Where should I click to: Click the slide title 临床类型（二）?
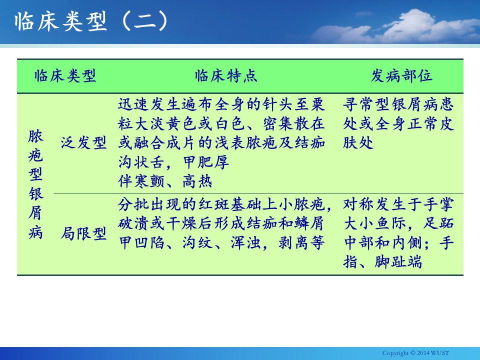pos(91,21)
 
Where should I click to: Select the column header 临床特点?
pos(226,75)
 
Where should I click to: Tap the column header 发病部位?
pos(401,75)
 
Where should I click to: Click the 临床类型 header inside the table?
pos(65,75)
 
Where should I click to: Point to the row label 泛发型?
pos(83,142)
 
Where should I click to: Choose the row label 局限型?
pos(83,233)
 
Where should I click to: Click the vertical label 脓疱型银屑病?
pos(35,184)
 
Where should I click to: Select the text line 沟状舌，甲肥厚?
pos(173,162)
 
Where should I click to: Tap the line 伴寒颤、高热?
pos(165,181)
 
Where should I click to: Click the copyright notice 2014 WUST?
pos(415,353)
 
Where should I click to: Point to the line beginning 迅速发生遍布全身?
pos(221,104)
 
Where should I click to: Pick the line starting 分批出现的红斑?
pos(225,204)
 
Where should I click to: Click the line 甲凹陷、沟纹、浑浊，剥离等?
pos(221,243)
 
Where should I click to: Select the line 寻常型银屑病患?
pos(398,104)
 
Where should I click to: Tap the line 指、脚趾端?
pos(382,262)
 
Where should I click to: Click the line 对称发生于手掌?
pos(398,204)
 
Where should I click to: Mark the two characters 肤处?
pos(358,142)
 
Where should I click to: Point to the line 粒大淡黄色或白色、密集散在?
pos(221,123)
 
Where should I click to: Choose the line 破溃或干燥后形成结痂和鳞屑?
pos(221,223)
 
